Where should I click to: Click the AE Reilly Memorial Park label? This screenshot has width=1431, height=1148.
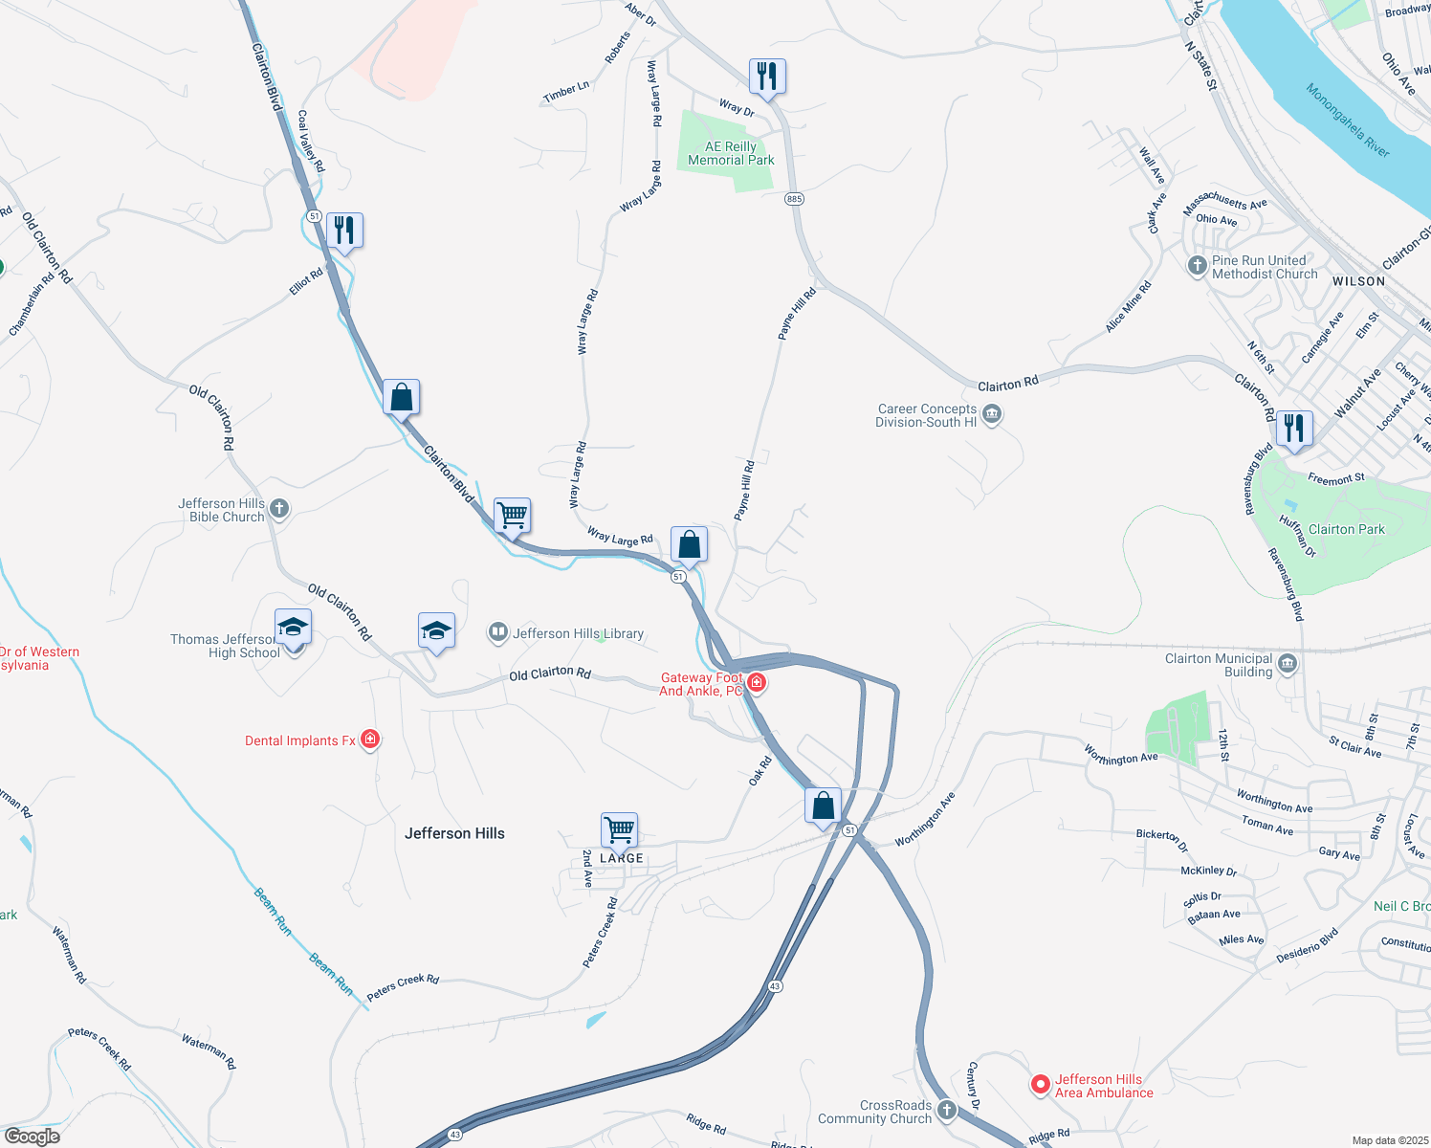pyautogui.click(x=731, y=153)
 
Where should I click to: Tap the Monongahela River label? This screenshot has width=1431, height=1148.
pyautogui.click(x=1348, y=120)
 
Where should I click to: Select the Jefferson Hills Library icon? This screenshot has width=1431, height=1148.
pyautogui.click(x=497, y=631)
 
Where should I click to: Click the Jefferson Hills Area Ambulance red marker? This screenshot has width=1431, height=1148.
pyautogui.click(x=1040, y=1085)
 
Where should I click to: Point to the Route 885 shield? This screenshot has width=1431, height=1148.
pyautogui.click(x=794, y=199)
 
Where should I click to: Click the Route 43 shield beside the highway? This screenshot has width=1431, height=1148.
pyautogui.click(x=775, y=985)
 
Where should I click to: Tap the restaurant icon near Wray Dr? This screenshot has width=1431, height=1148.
pyautogui.click(x=767, y=76)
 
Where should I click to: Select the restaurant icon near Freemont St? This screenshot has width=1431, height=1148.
pyautogui.click(x=1293, y=428)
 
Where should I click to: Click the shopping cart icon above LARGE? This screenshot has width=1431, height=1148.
pyautogui.click(x=619, y=829)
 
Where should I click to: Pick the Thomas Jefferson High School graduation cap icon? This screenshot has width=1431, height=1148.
pyautogui.click(x=293, y=628)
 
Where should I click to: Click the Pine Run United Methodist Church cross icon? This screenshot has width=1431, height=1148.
pyautogui.click(x=1197, y=266)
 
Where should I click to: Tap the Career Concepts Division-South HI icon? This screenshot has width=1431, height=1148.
pyautogui.click(x=992, y=415)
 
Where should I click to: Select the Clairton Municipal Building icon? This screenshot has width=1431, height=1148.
pyautogui.click(x=1288, y=664)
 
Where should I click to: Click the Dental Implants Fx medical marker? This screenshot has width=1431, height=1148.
pyautogui.click(x=370, y=740)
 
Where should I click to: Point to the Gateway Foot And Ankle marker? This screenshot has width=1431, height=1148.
pyautogui.click(x=756, y=682)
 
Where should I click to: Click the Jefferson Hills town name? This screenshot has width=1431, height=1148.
pyautogui.click(x=454, y=833)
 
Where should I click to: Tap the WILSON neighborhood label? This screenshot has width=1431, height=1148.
pyautogui.click(x=1358, y=281)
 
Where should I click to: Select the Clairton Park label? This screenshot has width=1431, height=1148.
pyautogui.click(x=1346, y=529)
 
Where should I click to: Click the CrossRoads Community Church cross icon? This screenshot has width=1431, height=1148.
pyautogui.click(x=946, y=1111)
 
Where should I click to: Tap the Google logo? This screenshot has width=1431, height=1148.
pyautogui.click(x=32, y=1137)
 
